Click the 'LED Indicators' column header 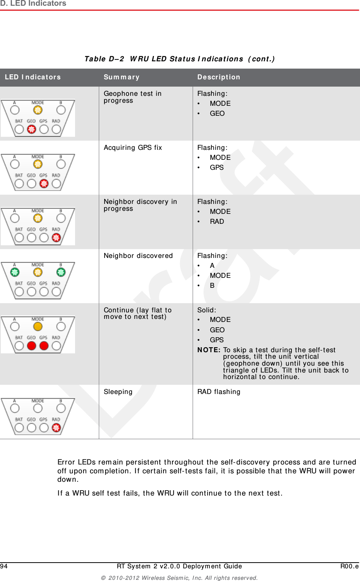[x=33, y=77]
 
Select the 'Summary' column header [x=121, y=77]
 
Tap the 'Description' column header [x=219, y=77]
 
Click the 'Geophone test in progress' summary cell [x=133, y=97]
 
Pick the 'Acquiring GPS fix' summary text [x=133, y=148]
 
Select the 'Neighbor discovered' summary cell [x=138, y=256]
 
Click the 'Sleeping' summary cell [x=118, y=392]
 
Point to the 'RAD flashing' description [x=219, y=392]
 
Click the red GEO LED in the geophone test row [x=32, y=129]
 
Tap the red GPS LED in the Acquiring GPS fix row [x=44, y=184]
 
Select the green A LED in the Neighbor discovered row [x=15, y=272]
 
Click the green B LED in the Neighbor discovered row [x=61, y=272]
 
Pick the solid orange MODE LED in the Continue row [x=38, y=327]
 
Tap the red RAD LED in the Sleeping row [x=56, y=428]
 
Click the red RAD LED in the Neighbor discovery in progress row [x=56, y=238]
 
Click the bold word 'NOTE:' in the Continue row [x=209, y=350]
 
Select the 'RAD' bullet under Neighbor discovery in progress [x=217, y=222]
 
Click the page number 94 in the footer [x=4, y=566]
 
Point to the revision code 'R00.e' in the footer [x=349, y=566]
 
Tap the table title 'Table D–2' [x=104, y=59]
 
